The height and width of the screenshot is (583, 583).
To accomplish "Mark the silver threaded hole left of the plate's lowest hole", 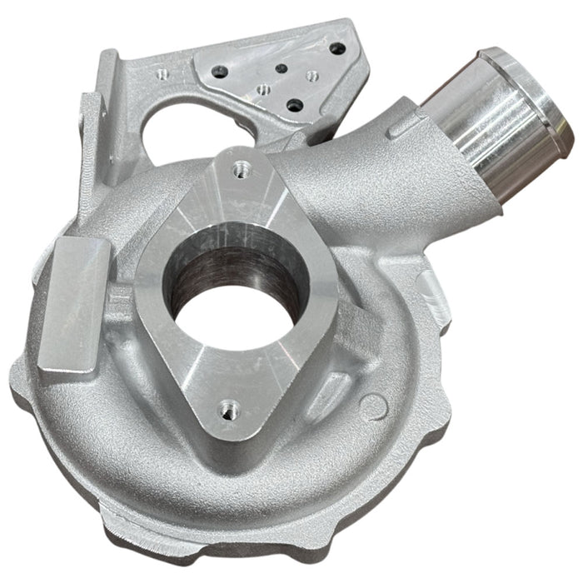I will point(262,88).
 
